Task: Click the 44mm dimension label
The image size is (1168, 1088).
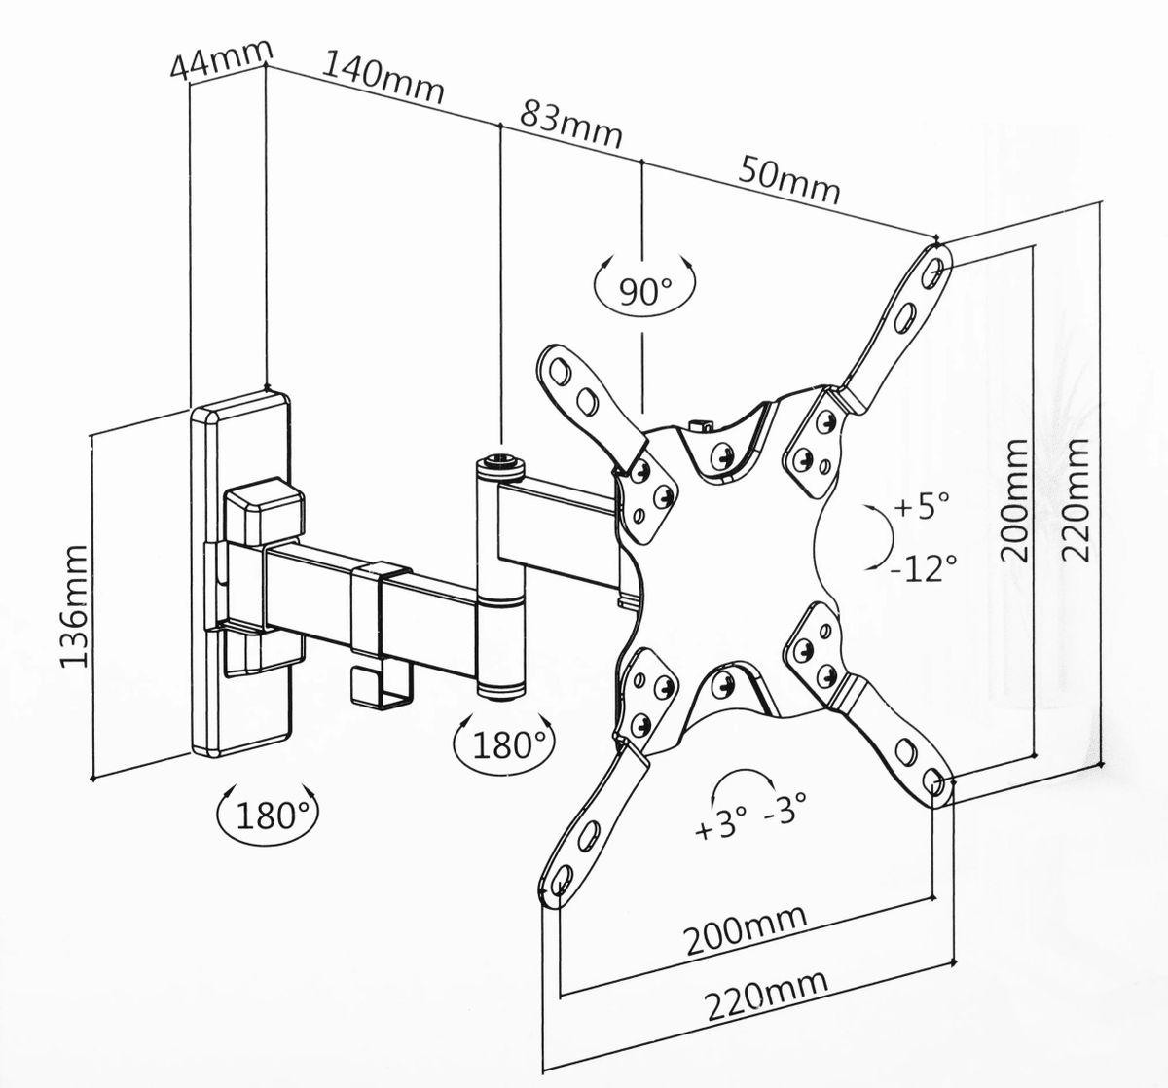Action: [220, 59]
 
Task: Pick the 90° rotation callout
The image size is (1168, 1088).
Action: [643, 290]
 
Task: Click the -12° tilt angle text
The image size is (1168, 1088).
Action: [924, 566]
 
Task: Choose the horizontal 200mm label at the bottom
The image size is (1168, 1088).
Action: [746, 929]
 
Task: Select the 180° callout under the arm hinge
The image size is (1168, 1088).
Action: [503, 745]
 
